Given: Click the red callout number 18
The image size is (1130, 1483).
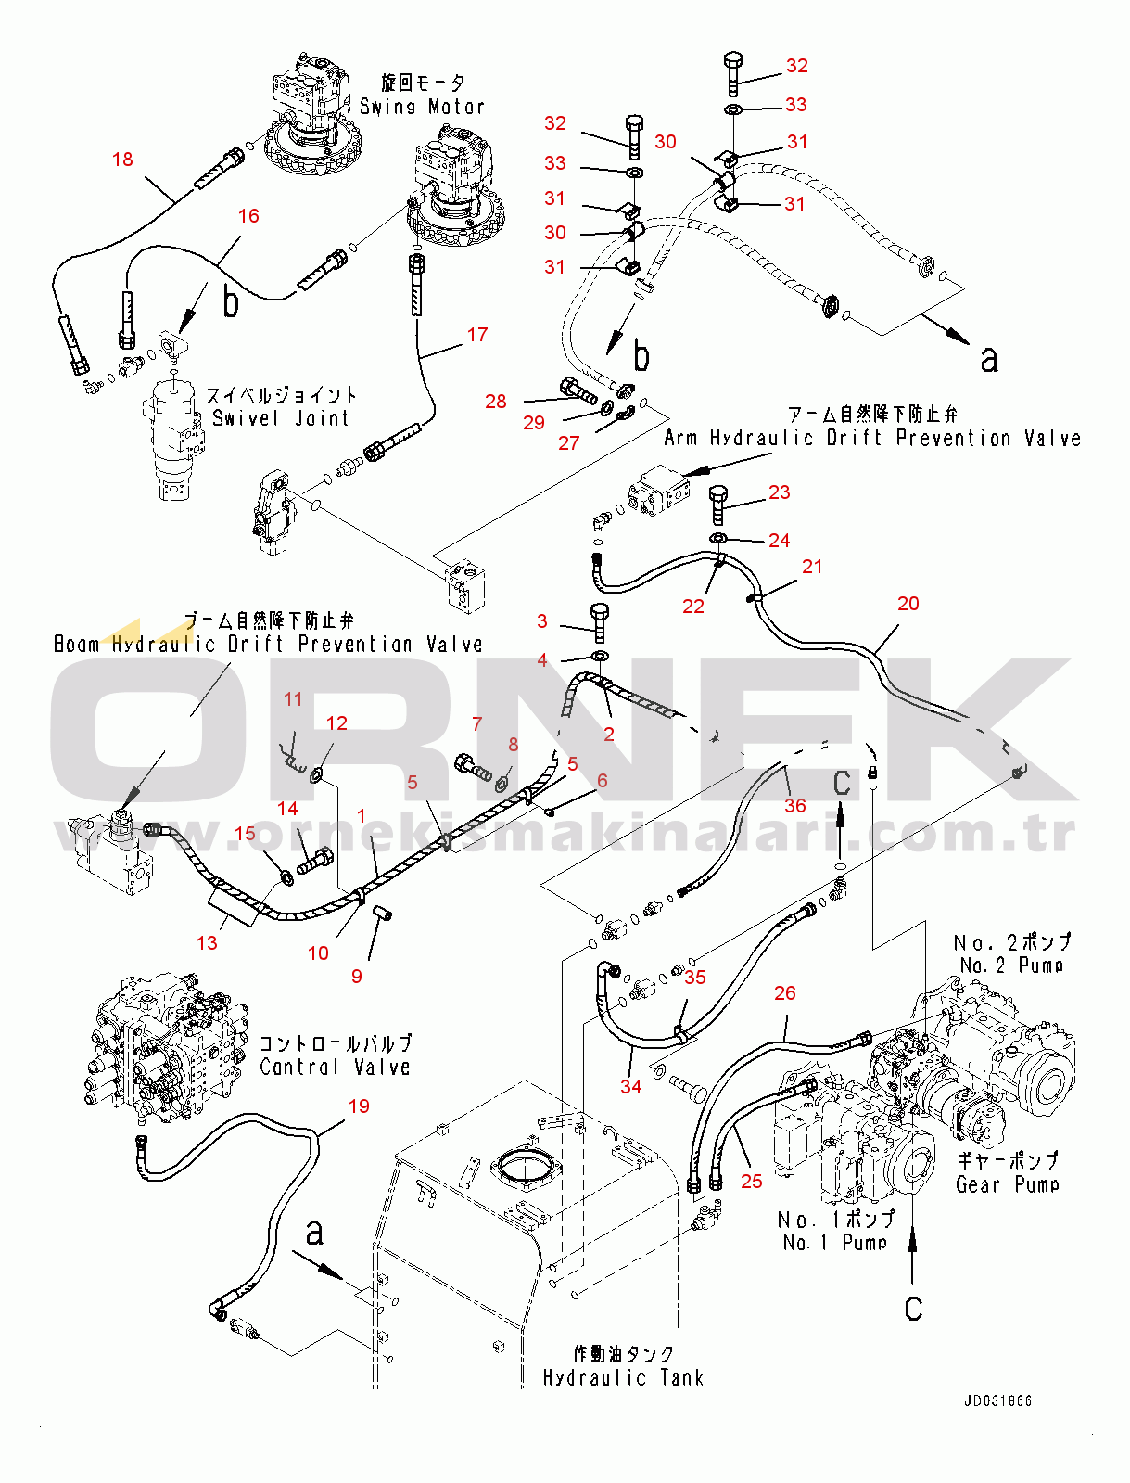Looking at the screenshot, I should point(122,160).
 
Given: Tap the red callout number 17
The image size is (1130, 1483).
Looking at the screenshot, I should point(477,335).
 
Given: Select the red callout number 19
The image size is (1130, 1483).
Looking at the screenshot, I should point(359,1106).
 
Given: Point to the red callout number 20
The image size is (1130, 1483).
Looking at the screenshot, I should point(908,604).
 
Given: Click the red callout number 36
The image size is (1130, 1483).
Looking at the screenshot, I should point(795,805).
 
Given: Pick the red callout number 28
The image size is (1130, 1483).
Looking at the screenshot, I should point(496,401).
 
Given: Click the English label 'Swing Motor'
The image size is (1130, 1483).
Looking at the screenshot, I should point(422,108).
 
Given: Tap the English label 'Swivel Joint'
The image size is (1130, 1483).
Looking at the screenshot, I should point(281,418).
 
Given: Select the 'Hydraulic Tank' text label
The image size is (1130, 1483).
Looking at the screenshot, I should point(623,1378).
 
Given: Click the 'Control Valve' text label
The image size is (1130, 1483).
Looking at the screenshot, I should point(335,1068).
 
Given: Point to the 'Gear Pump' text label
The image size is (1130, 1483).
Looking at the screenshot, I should point(1007,1185).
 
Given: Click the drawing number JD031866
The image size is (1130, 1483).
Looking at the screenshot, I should point(997,1400).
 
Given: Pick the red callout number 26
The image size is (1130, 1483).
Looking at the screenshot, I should point(785,993).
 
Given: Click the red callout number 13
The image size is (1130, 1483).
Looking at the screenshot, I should point(207,942).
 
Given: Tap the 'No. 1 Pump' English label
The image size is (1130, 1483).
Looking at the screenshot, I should point(834,1243).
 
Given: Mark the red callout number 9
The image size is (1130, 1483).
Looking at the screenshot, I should point(357,976).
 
